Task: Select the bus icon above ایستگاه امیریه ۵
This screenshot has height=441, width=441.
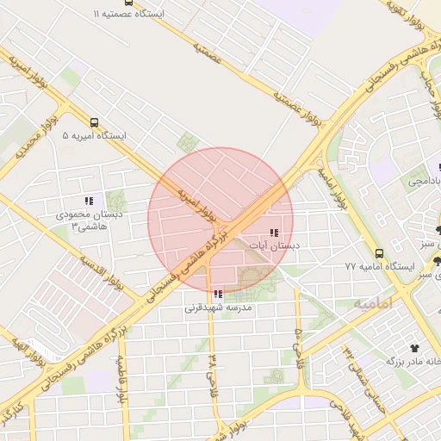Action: [x=94, y=122]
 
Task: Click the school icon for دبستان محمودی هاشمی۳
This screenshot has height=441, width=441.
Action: [x=90, y=201]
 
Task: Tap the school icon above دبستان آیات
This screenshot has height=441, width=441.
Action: [x=274, y=233]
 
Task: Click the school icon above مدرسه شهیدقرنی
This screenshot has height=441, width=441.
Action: [x=217, y=294]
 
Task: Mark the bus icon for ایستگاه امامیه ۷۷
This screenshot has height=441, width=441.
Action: [x=380, y=253]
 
